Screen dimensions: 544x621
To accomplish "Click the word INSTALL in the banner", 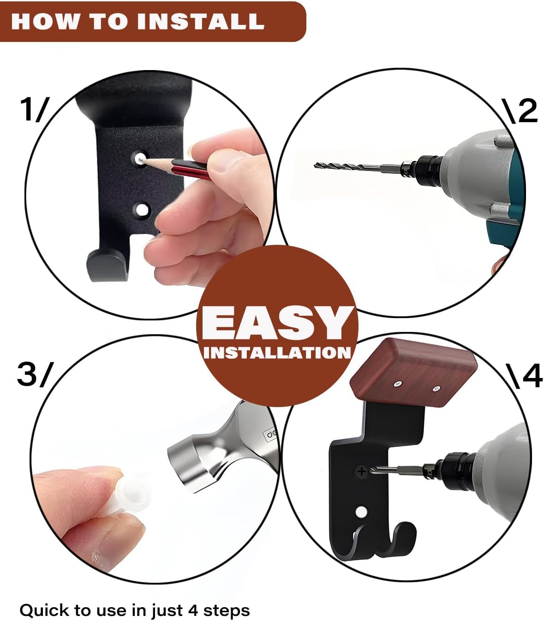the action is pos(200,21).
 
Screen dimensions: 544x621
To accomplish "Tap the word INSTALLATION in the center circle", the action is pos(277,353).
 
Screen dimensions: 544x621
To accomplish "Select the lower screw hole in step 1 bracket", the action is pos(141,209).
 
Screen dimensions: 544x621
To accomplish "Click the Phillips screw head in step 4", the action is pos(361,471).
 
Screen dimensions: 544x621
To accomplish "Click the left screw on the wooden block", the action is pos(397,384).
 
